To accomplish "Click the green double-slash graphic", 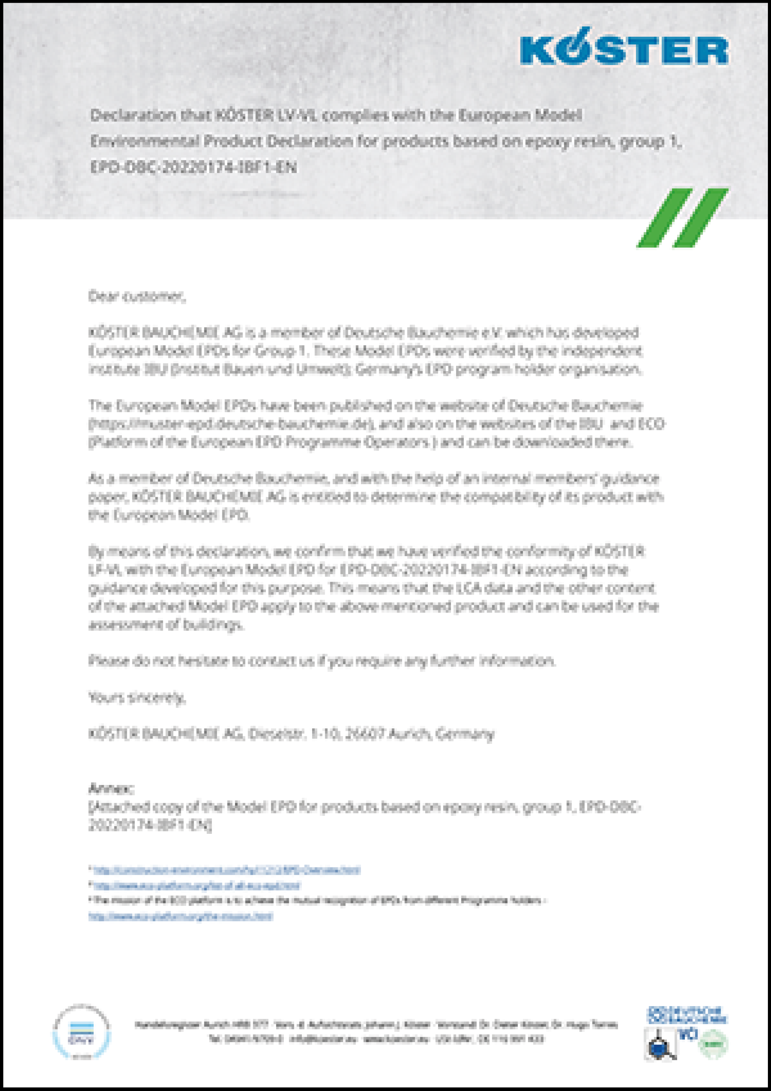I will point(682,218).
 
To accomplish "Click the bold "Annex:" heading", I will point(111,788).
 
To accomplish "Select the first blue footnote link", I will point(227,870).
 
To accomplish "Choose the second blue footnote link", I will point(197,886).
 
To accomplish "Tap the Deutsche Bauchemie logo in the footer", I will point(687,1015).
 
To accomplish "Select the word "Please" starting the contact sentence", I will point(102,661).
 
